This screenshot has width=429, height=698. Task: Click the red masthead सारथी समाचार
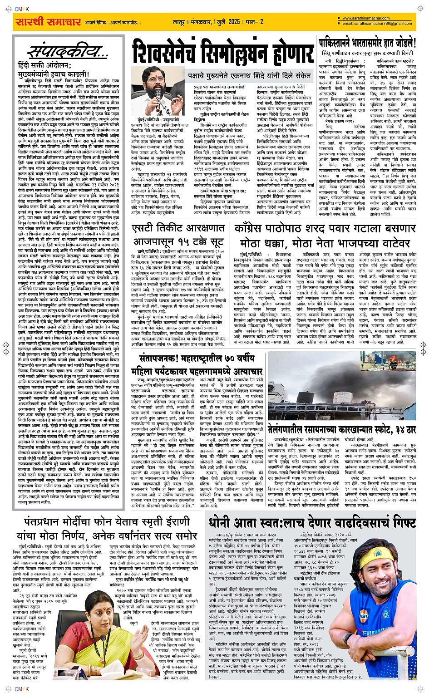(x=48, y=21)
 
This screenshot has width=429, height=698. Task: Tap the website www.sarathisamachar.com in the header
(x=366, y=19)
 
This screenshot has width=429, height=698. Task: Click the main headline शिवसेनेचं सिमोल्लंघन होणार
(x=223, y=52)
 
